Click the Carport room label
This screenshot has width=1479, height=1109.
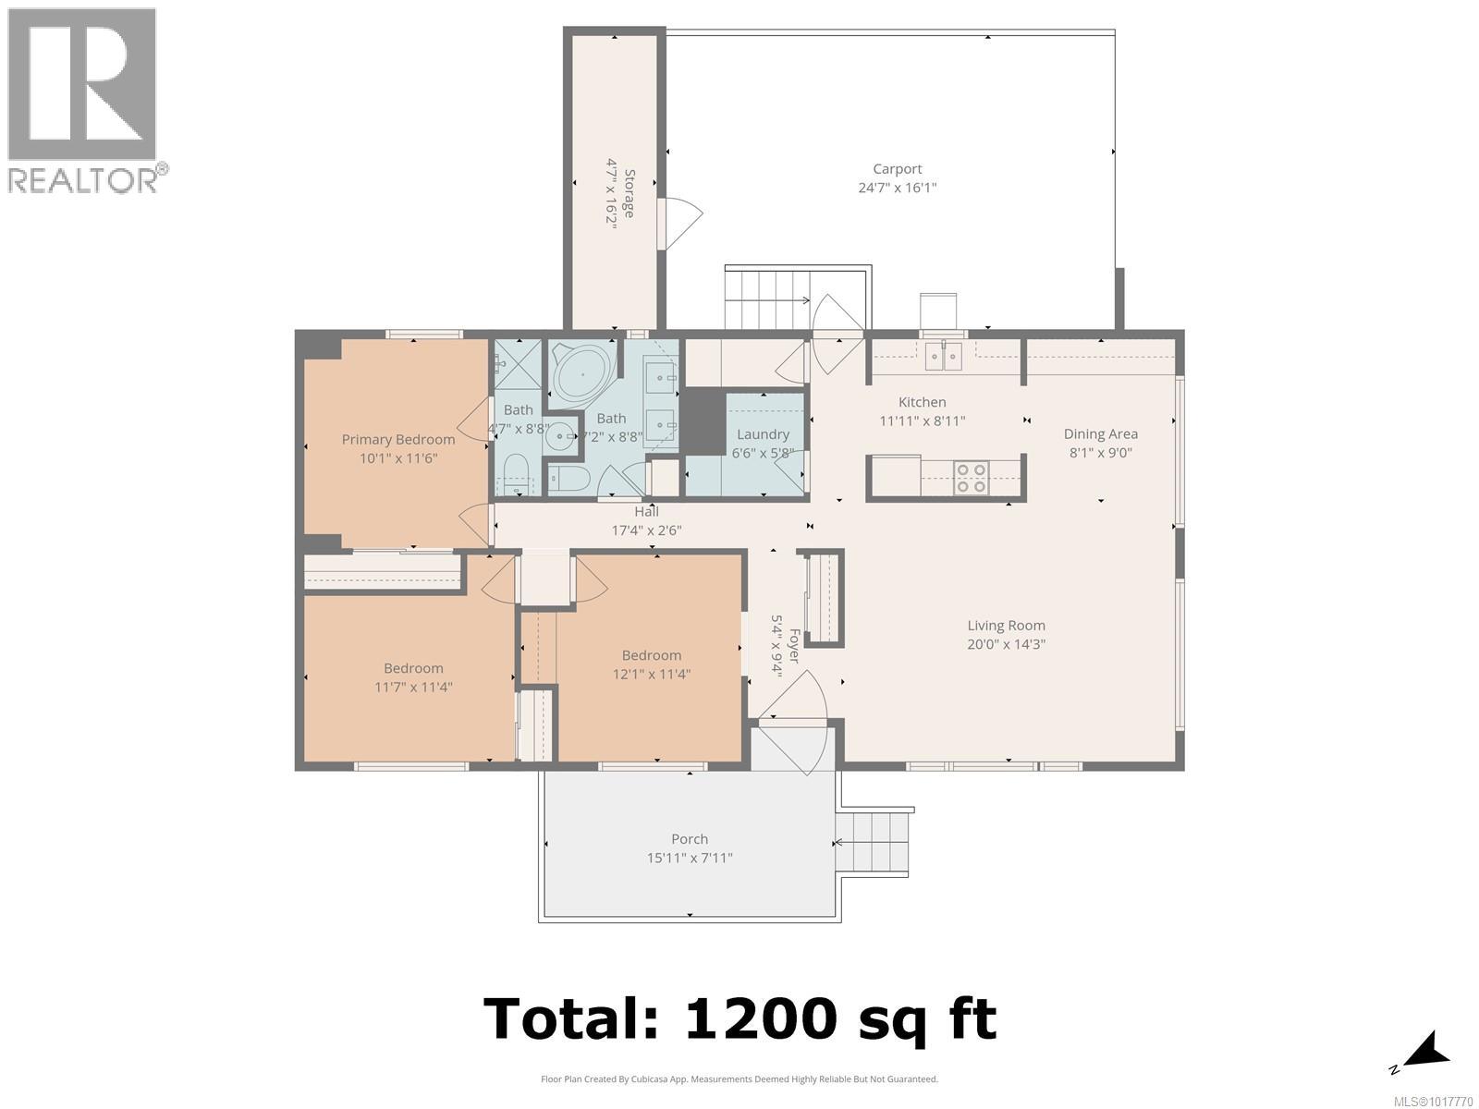897,169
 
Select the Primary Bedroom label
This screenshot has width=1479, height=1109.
398,440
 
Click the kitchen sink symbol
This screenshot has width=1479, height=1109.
943,356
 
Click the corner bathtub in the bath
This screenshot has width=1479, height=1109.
583,376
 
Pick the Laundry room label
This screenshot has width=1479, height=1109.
763,435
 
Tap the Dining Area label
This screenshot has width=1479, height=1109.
1100,434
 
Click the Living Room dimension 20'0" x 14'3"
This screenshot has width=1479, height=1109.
1006,644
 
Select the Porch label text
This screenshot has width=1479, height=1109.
690,839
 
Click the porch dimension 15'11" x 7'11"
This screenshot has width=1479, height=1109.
690,858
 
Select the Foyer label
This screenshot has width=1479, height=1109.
794,646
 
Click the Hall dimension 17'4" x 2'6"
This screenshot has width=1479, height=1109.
646,530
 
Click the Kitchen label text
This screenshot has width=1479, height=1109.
922,402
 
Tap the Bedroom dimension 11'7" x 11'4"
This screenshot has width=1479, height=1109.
413,688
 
